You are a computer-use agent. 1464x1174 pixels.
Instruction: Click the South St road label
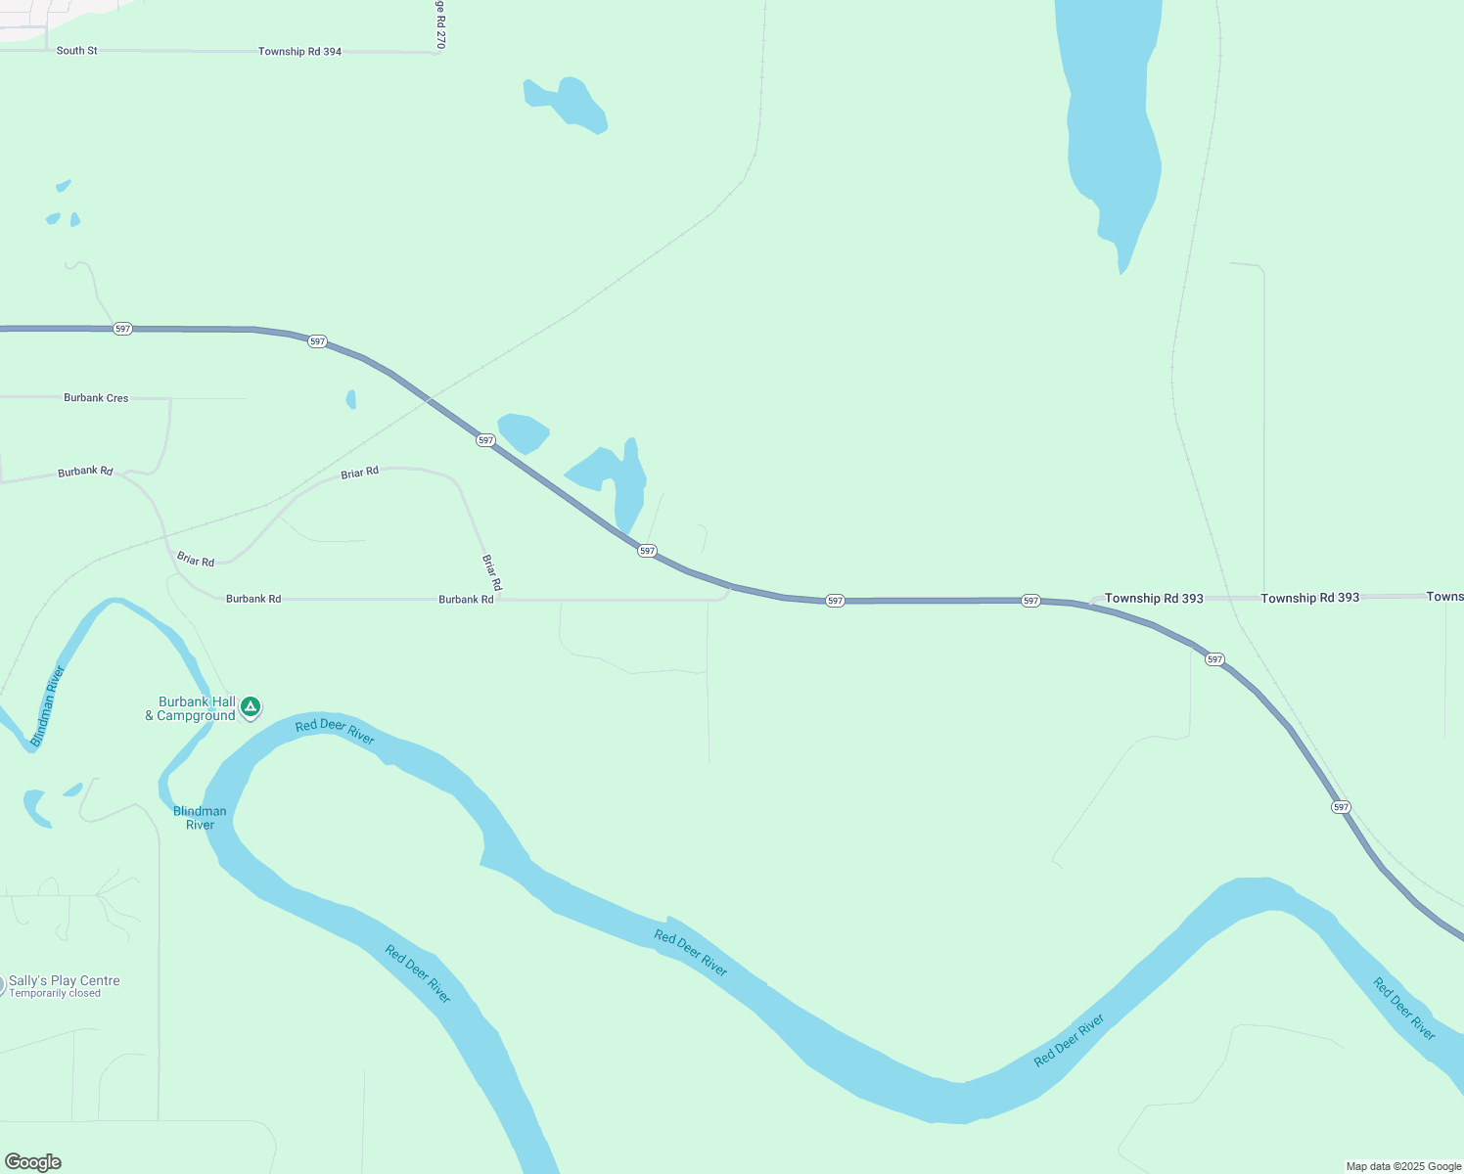[x=76, y=51]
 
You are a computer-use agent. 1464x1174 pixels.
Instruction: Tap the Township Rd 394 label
[x=299, y=52]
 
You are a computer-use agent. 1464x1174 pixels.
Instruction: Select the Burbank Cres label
[x=96, y=398]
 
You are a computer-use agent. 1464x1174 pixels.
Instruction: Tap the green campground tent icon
[x=251, y=706]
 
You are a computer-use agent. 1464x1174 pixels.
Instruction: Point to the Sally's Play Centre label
[x=65, y=981]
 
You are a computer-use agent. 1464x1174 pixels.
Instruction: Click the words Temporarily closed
[x=55, y=994]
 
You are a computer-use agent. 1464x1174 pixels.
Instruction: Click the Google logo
[x=33, y=1162]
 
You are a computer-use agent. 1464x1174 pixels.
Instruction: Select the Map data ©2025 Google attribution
[x=1403, y=1166]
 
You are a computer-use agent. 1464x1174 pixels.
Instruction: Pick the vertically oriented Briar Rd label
[x=491, y=572]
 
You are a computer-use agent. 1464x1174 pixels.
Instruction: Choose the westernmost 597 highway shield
[x=122, y=329]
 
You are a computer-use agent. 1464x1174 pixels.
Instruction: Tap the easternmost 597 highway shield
[x=1341, y=807]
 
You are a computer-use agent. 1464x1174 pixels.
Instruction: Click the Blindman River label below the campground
[x=200, y=818]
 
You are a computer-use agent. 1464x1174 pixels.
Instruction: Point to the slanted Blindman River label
[x=47, y=706]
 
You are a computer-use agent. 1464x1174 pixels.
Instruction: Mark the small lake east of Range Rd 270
[x=568, y=103]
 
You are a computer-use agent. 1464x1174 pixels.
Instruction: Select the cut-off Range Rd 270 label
[x=440, y=24]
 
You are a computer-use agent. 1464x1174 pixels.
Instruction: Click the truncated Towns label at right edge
[x=1444, y=597]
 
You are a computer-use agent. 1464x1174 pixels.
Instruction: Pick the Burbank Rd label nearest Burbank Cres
[x=85, y=472]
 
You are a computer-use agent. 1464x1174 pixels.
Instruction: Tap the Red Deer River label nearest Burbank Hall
[x=335, y=731]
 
